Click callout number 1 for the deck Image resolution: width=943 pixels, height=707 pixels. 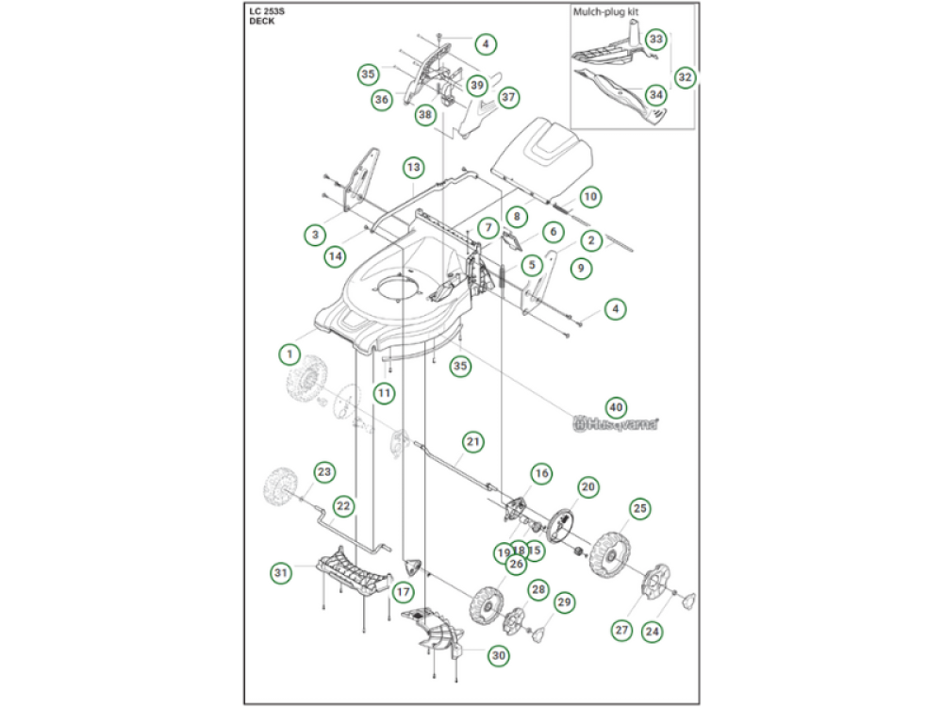pos(288,353)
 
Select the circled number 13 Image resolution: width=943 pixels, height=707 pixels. pos(413,167)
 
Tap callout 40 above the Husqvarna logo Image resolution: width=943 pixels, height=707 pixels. pos(615,406)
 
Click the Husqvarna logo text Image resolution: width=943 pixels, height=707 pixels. pos(616,426)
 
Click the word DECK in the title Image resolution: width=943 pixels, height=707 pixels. pos(262,21)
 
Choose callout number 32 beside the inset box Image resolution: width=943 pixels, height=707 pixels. pos(686,77)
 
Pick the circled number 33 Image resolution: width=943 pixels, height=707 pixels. pos(656,39)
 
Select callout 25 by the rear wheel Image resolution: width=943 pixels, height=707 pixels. pos(640,509)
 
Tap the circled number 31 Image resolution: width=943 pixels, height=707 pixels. pos(280,572)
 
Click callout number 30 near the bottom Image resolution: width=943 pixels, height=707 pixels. pos(498,654)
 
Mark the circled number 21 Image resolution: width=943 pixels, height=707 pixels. pos(473,441)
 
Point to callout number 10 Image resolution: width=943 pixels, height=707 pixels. pos(590,197)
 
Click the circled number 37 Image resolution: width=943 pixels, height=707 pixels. pos(509,96)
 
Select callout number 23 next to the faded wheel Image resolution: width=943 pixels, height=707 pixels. pos(324,470)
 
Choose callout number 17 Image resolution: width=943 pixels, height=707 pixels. pos(403,593)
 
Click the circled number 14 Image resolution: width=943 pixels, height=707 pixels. pos(335,255)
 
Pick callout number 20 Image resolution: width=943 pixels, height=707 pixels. pos(588,486)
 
